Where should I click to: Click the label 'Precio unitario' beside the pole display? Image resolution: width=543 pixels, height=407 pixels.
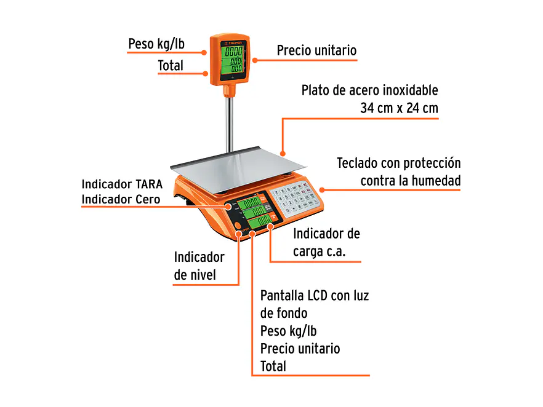tap(316, 50)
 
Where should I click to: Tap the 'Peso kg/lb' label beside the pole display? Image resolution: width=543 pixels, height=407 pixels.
tap(156, 44)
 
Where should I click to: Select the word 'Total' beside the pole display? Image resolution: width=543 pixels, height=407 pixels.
tap(171, 65)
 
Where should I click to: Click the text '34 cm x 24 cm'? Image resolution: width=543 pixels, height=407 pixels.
tap(399, 109)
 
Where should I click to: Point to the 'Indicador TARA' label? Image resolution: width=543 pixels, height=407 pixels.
tap(122, 184)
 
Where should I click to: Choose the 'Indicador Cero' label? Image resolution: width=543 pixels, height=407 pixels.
tap(121, 199)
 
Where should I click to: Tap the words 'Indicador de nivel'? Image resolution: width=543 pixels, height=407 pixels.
tap(198, 266)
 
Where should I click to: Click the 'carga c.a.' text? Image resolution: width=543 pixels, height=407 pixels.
tap(319, 251)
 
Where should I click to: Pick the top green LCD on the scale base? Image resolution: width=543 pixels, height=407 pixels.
tap(251, 202)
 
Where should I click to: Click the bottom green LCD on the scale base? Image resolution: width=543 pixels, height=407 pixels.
tap(262, 220)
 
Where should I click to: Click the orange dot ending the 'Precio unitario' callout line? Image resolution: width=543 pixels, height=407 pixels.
tap(252, 60)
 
